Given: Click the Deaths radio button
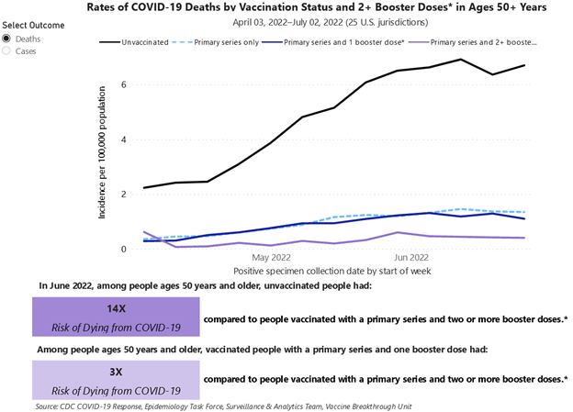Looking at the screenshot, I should (x=8, y=39).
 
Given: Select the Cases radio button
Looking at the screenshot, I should (x=8, y=51).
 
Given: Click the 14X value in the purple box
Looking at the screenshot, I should (x=116, y=308).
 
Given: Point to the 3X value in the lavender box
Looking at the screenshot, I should (x=116, y=372).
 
